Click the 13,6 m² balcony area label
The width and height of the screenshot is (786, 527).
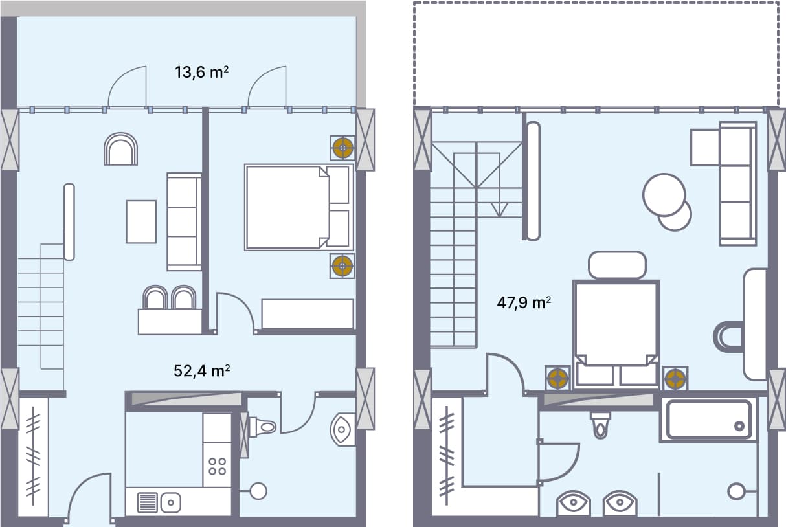[x=201, y=72]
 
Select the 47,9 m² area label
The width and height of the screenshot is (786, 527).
[x=524, y=302]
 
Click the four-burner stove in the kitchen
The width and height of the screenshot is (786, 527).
[x=218, y=466]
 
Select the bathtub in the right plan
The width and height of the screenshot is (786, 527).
[x=708, y=420]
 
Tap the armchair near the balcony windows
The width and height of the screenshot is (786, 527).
[x=120, y=150]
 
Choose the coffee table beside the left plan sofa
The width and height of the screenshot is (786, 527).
[x=141, y=221]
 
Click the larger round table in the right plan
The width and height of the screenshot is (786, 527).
[x=664, y=194]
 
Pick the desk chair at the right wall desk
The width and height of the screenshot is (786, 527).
[x=728, y=337]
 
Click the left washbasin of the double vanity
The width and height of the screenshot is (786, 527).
[x=573, y=502]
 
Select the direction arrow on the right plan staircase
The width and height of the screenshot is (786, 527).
[x=499, y=208]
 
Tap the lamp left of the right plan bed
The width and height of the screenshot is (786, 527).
[x=557, y=378]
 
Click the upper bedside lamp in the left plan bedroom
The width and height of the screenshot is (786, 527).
[x=342, y=148]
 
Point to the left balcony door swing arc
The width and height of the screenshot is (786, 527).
[x=124, y=87]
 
